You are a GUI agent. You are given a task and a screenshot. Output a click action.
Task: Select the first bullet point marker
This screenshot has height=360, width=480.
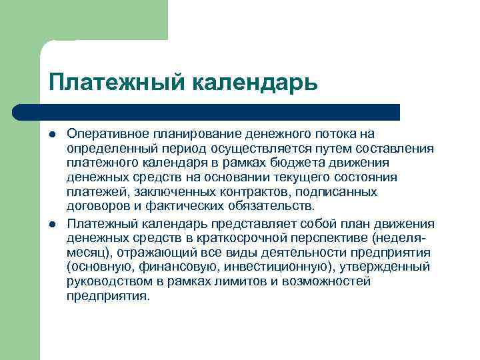(52, 133)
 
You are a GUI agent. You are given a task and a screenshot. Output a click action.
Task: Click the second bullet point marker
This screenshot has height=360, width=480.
(52, 223)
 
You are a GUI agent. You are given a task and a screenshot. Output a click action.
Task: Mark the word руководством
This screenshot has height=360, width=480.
(108, 281)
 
